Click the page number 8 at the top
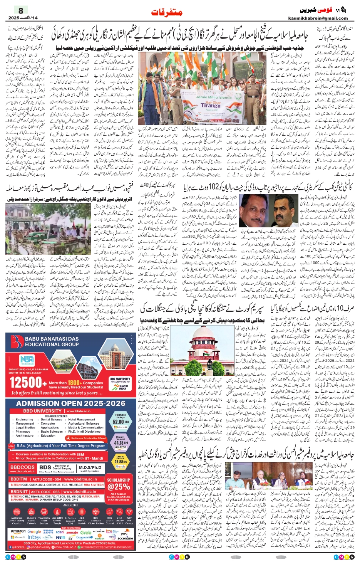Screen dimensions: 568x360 (x=21, y=10)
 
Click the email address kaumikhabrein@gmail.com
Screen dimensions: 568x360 (x=318, y=18)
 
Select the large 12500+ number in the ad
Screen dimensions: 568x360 (x=25, y=382)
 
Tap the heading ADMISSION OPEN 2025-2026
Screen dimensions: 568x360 (x=70, y=403)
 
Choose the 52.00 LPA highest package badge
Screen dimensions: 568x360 (x=120, y=421)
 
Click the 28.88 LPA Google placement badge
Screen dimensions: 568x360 (x=120, y=462)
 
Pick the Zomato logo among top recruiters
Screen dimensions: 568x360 (x=72, y=532)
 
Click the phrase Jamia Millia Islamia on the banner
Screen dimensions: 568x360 (x=213, y=97)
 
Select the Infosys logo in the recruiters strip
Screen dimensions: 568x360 (x=34, y=537)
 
